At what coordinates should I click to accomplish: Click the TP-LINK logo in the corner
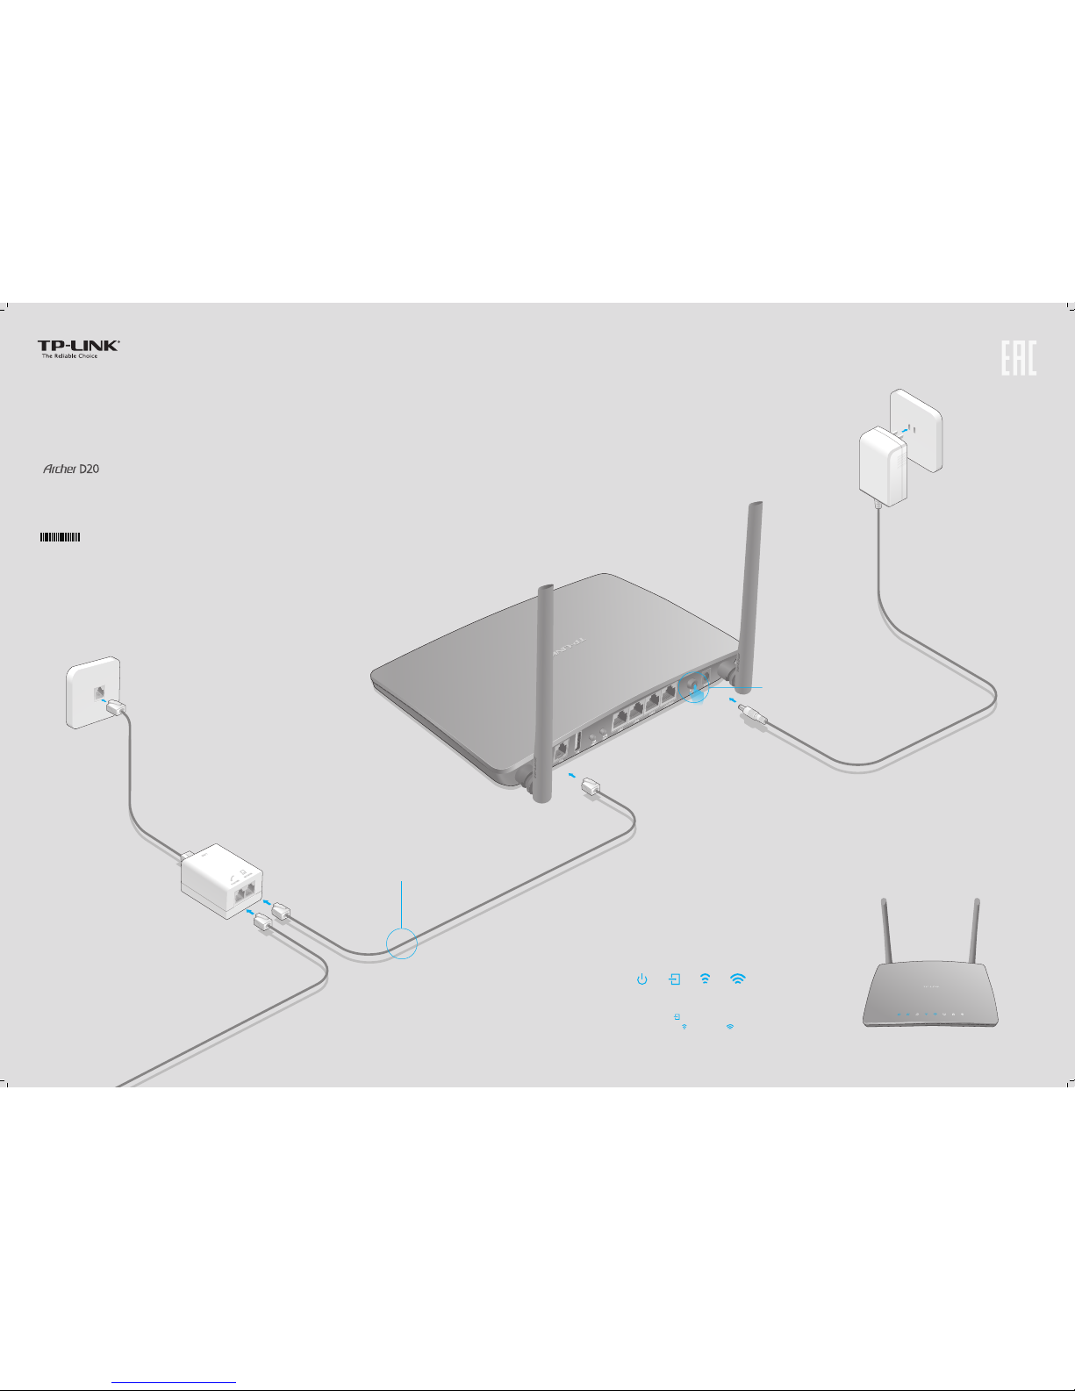78,346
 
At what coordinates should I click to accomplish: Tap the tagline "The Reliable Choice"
69,356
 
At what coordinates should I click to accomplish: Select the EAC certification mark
1019,358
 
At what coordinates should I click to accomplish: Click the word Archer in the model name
60,470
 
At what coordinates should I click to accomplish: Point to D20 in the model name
90,470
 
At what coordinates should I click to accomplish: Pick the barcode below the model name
60,537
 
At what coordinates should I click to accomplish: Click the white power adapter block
882,465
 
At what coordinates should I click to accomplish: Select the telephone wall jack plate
93,692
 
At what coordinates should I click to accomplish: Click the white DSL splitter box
226,882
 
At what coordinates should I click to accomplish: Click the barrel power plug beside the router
754,714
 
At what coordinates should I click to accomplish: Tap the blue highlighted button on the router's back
697,690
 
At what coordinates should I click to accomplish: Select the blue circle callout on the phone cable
401,943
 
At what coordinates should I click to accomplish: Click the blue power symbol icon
642,979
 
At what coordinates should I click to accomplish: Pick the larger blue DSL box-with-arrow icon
674,979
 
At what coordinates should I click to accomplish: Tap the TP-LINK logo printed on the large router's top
568,649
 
